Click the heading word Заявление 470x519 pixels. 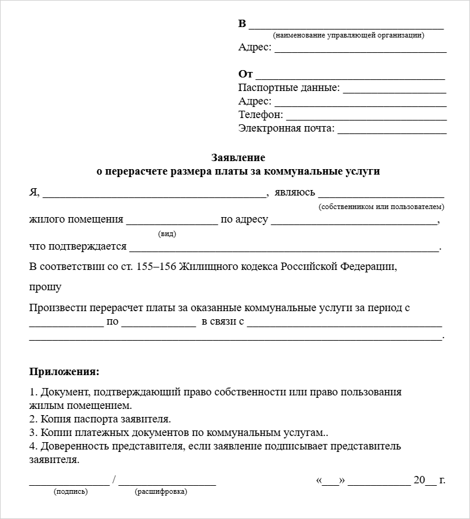pos(238,157)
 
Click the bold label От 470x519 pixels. pos(245,74)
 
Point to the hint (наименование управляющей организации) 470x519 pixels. pos(348,35)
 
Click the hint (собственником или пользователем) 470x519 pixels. pos(381,207)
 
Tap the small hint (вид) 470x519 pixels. pos(166,234)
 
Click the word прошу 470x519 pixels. pos(45,287)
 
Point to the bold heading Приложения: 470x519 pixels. pos(64,372)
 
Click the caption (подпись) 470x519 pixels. pos(71,491)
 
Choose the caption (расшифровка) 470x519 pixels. pos(161,491)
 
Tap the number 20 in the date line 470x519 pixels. pos(419,480)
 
